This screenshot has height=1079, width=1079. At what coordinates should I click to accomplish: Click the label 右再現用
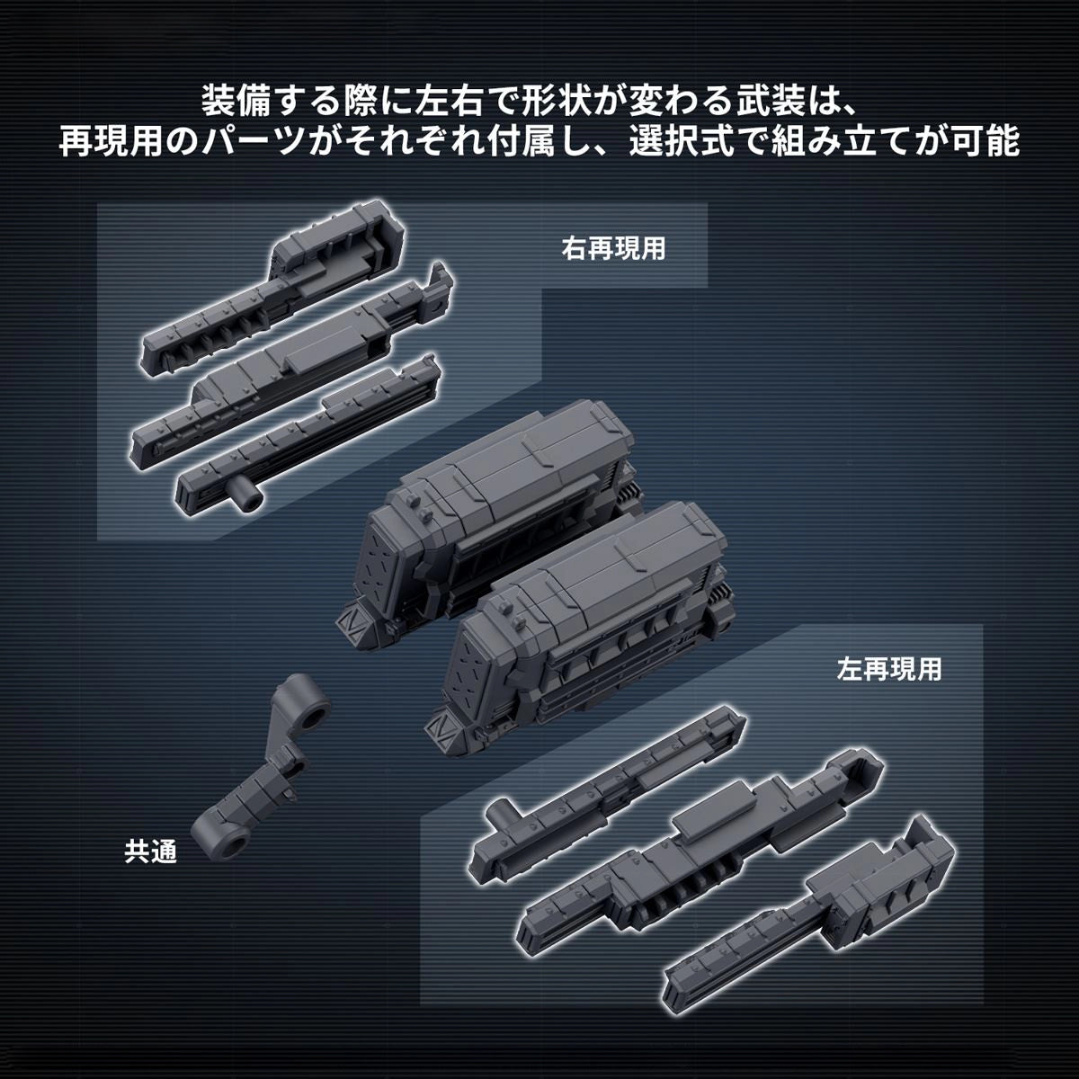tap(613, 249)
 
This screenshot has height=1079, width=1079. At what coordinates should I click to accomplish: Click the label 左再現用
tap(888, 669)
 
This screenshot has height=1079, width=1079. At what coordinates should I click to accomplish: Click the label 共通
tap(150, 851)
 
